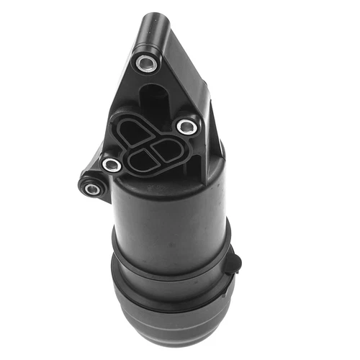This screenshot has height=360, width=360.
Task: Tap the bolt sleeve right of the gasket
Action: click(x=187, y=127)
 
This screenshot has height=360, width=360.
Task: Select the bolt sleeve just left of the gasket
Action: click(x=112, y=164)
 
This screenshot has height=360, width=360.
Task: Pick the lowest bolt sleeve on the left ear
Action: click(x=91, y=189)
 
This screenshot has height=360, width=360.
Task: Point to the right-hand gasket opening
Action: click(x=168, y=150)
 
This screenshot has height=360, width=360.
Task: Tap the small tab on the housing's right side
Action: click(x=233, y=260)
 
